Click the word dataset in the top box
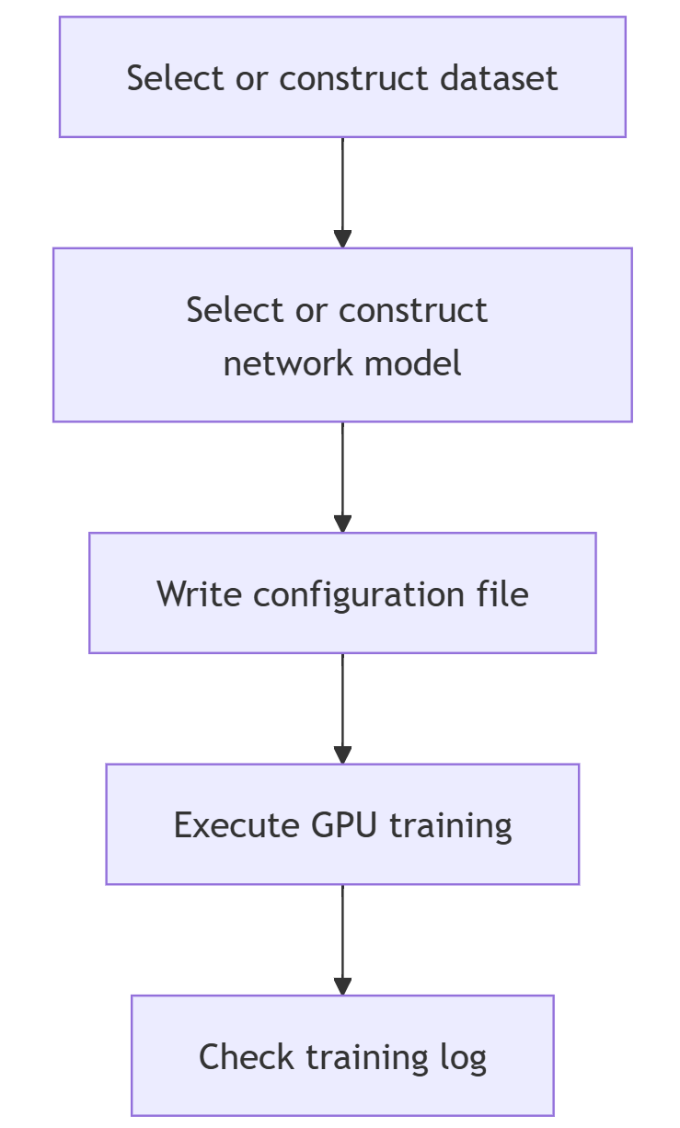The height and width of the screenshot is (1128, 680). click(499, 78)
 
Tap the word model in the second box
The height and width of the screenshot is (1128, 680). click(412, 363)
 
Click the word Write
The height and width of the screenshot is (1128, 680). click(199, 594)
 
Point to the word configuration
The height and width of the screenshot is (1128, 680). click(359, 595)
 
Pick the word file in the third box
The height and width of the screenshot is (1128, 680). click(502, 593)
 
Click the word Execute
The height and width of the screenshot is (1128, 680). click(236, 825)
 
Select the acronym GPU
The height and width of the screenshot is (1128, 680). click(344, 825)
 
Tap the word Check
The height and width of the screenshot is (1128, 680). click(247, 1056)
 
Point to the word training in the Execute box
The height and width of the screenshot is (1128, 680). click(451, 826)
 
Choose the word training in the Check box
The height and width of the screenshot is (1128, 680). click(367, 1058)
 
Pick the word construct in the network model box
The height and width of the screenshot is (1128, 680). click(412, 310)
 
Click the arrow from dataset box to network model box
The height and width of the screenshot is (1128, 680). click(342, 192)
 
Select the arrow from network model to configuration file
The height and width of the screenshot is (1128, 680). click(342, 478)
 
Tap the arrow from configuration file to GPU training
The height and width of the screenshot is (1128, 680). click(342, 708)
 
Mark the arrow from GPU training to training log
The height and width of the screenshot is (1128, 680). click(342, 939)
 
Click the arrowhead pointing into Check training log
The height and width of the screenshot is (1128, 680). click(342, 986)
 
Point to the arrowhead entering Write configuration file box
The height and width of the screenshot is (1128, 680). click(342, 524)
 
